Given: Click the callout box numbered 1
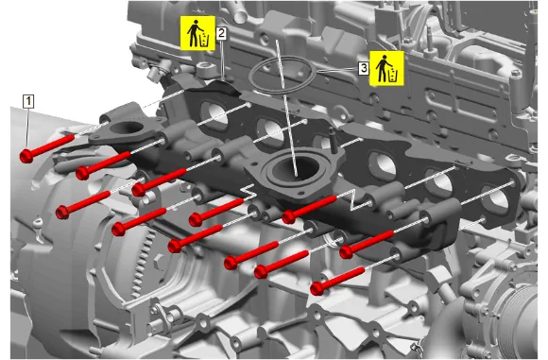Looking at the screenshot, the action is pos(28,101).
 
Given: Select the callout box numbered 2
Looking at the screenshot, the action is pos(221,33).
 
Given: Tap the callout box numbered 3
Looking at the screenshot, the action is pos(364,68).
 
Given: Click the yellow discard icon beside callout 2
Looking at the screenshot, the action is pos(197,33).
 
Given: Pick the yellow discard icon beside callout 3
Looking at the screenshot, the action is pos(386,68).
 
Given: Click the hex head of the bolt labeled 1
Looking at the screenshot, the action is pos(26,156).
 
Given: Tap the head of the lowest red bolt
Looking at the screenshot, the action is pos(317,288).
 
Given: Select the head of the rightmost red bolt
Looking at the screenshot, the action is pos(347,251).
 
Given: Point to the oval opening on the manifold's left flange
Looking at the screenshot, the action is pos(127,128).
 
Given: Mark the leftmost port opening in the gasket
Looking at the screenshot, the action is pos(214,113).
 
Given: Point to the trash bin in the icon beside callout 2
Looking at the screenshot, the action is pos(204,41).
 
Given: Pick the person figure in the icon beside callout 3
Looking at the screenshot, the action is pos(383,68).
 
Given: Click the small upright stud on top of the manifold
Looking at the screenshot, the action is pos(333,140).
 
